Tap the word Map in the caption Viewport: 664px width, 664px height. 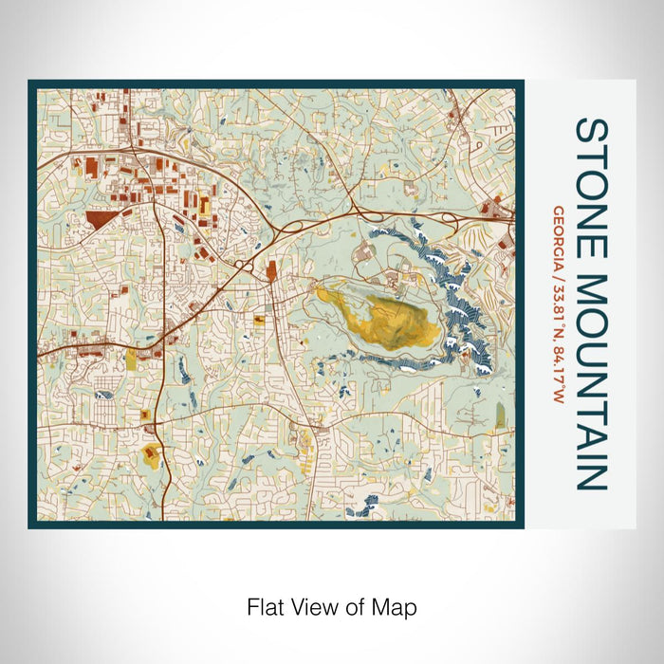[x=398, y=605]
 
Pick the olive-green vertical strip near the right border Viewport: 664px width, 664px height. [x=500, y=415]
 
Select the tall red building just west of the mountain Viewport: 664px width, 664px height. [x=272, y=272]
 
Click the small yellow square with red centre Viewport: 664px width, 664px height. [x=144, y=415]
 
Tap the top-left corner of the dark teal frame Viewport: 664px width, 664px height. [x=31, y=83]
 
